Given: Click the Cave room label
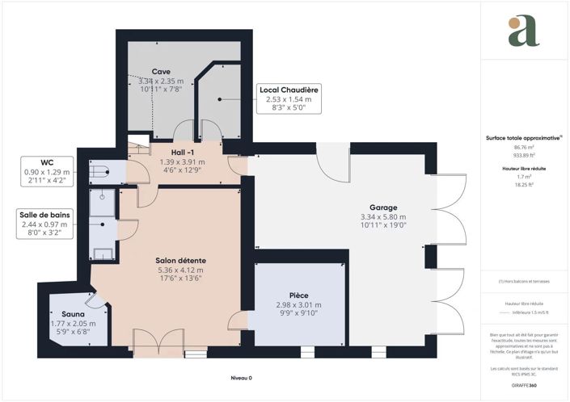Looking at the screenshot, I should (160, 72).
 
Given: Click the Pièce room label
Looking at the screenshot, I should (299, 295).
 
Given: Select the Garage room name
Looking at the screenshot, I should (382, 207).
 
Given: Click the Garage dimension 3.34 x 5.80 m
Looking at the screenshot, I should (382, 217).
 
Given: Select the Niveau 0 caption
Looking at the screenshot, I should (239, 378).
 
